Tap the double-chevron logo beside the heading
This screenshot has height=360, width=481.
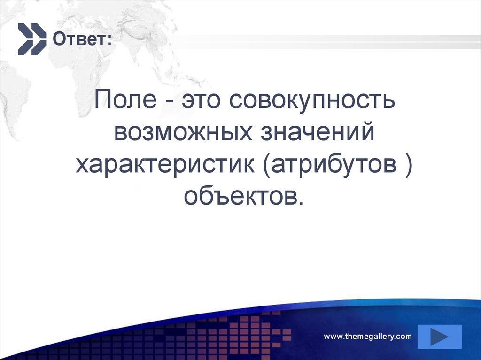coord(32,38)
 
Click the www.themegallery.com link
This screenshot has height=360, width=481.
coord(368,336)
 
